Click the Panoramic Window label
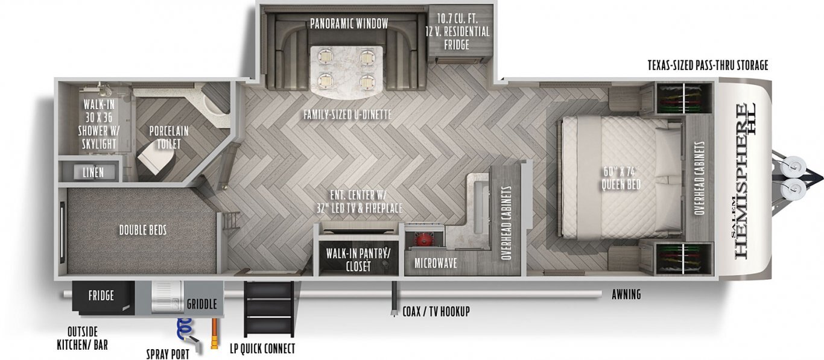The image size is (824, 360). tap(349, 24)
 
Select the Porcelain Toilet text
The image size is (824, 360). tap(169, 137)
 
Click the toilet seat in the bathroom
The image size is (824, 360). tap(156, 162)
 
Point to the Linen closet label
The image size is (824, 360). tap(93, 172)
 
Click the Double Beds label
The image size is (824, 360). tap(143, 230)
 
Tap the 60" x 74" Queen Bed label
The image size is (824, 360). tap(621, 178)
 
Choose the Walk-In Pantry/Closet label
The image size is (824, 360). tap(358, 260)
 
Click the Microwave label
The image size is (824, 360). tap(436, 263)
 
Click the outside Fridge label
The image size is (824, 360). tap(101, 295)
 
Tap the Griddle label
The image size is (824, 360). tap(201, 304)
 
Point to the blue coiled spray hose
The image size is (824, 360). tap(184, 329)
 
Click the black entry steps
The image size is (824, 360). tap(270, 309)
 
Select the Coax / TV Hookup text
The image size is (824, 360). tap(436, 312)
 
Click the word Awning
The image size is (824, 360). tap(627, 294)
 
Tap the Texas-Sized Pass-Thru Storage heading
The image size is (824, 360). tap(708, 65)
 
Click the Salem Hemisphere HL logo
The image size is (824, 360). tap(743, 180)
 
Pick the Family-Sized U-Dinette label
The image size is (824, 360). tap(347, 115)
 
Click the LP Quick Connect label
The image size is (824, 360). tap(262, 348)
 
